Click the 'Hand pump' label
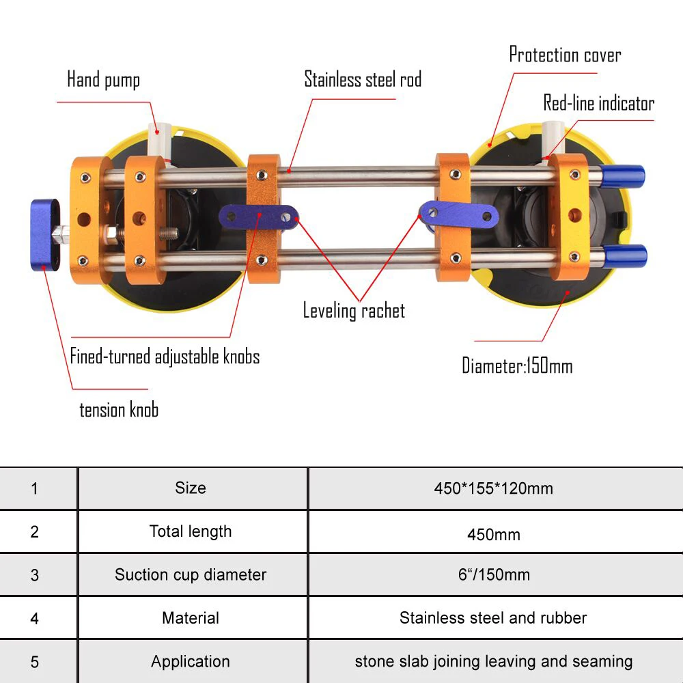(103, 80)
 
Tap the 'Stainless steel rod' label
(363, 79)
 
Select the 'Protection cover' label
(565, 55)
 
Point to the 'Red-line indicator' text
(598, 103)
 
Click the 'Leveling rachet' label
(354, 311)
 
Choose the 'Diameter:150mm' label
(517, 365)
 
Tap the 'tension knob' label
(119, 410)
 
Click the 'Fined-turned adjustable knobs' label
(165, 357)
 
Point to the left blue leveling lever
(260, 218)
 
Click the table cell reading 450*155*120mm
(493, 488)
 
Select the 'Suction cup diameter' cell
(191, 575)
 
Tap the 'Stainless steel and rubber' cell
(493, 618)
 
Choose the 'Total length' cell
(191, 531)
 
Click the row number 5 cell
(35, 662)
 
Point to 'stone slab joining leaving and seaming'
(493, 662)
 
